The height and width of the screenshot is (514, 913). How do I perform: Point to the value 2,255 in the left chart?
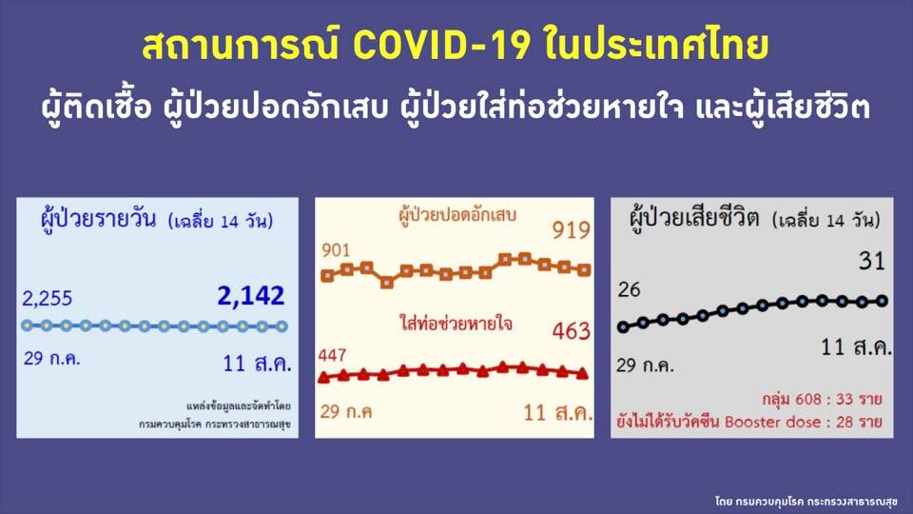tap(46, 298)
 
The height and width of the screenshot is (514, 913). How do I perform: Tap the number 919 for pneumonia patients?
tap(571, 230)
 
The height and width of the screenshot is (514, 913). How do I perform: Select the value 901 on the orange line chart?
tap(337, 250)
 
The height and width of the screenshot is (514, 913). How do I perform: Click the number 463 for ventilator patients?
tap(571, 331)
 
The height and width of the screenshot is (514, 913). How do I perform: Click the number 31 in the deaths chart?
tap(873, 259)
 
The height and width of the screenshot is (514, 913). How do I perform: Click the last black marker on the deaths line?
tap(882, 301)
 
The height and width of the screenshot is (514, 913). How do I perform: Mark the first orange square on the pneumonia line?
tap(328, 276)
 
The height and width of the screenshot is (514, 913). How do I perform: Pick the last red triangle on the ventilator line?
tap(582, 374)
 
